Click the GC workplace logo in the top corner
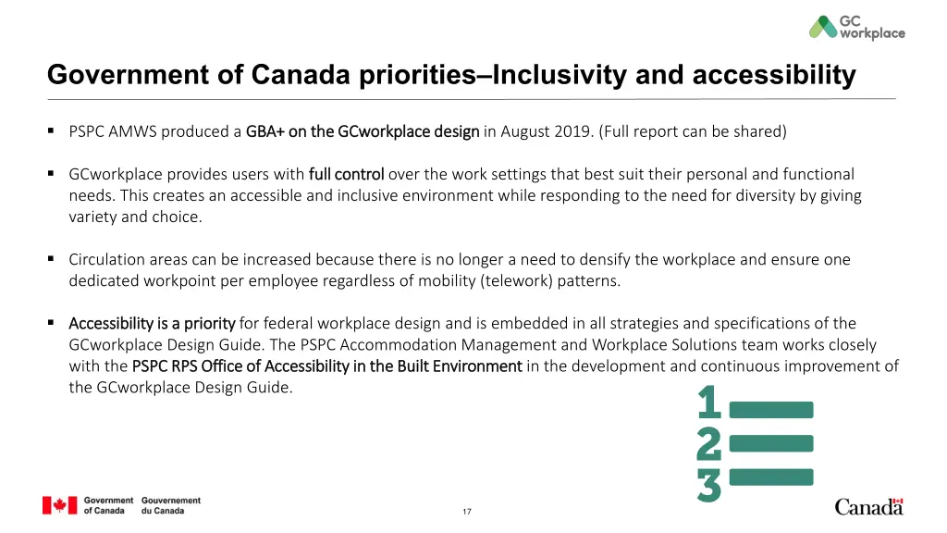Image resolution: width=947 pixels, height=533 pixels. click(x=856, y=27)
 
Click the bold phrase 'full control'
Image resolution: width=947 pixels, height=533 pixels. click(x=346, y=174)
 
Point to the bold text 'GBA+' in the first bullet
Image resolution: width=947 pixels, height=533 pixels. click(x=265, y=131)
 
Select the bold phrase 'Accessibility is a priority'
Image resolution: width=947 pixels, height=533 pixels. click(x=152, y=324)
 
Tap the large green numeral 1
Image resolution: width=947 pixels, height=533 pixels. click(x=709, y=403)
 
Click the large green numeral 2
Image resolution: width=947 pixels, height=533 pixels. click(x=709, y=444)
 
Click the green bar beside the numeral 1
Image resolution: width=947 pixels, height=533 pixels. click(x=771, y=409)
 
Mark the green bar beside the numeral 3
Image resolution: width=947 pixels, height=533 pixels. click(x=771, y=477)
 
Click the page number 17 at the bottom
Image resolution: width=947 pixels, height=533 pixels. click(x=467, y=512)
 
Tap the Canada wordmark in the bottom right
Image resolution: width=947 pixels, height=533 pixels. click(x=868, y=506)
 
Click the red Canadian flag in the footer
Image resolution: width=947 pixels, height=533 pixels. click(x=59, y=505)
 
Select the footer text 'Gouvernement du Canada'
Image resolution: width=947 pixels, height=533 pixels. click(x=171, y=505)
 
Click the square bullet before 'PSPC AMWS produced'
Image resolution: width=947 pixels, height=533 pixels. click(x=52, y=130)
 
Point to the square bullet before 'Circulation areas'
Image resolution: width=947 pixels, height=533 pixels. click(x=52, y=259)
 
